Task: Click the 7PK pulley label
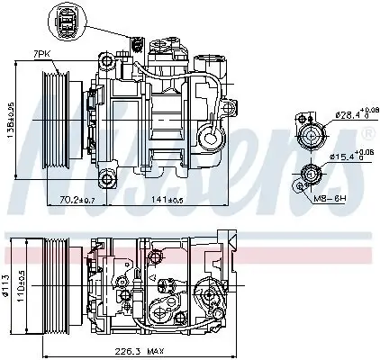pos(43,55)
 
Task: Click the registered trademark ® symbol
pos(367,132)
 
